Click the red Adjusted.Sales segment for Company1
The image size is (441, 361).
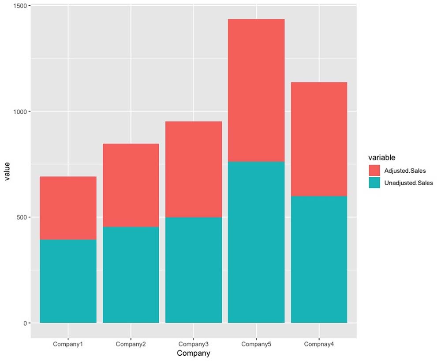tap(68, 208)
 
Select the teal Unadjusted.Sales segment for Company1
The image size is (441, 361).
tap(68, 281)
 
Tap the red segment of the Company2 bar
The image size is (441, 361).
tap(131, 185)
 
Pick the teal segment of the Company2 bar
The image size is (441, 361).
tap(131, 275)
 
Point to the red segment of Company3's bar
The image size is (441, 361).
tap(193, 169)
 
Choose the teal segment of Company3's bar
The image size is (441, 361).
tap(193, 270)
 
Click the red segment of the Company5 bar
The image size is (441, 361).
tap(256, 90)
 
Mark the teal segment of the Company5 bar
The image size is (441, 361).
tap(256, 242)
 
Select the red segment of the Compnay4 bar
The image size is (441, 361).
tap(319, 139)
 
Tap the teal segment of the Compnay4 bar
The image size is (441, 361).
tap(319, 259)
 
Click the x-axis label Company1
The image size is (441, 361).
tap(68, 344)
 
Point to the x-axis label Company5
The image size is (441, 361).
tap(256, 344)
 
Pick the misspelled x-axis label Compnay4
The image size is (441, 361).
tap(319, 344)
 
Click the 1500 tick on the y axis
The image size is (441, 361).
tap(20, 6)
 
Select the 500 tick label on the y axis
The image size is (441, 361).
tap(22, 217)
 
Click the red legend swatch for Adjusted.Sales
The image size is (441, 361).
tap(374, 171)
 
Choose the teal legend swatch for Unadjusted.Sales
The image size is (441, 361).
tap(374, 183)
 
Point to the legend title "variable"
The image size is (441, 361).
tap(381, 157)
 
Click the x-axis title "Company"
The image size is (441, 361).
tap(193, 354)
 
